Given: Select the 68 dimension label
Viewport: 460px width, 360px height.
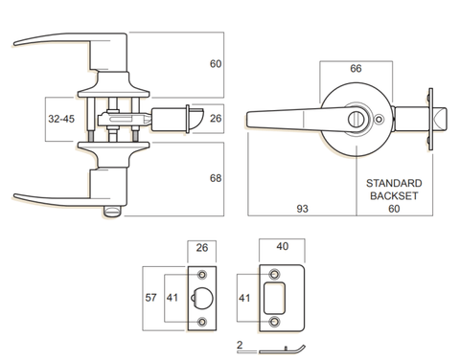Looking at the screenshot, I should (217, 179).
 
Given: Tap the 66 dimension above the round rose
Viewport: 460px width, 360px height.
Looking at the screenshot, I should (356, 70).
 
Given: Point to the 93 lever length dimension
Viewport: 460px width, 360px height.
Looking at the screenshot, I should (304, 207).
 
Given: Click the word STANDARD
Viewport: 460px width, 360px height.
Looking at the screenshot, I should (394, 181).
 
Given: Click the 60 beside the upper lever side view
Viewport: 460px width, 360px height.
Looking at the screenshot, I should (217, 64).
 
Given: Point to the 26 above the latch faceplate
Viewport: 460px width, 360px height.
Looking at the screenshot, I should (201, 247).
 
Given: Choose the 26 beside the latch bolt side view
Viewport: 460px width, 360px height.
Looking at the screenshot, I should (217, 120).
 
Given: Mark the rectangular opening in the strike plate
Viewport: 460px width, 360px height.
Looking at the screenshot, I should (281, 298).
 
